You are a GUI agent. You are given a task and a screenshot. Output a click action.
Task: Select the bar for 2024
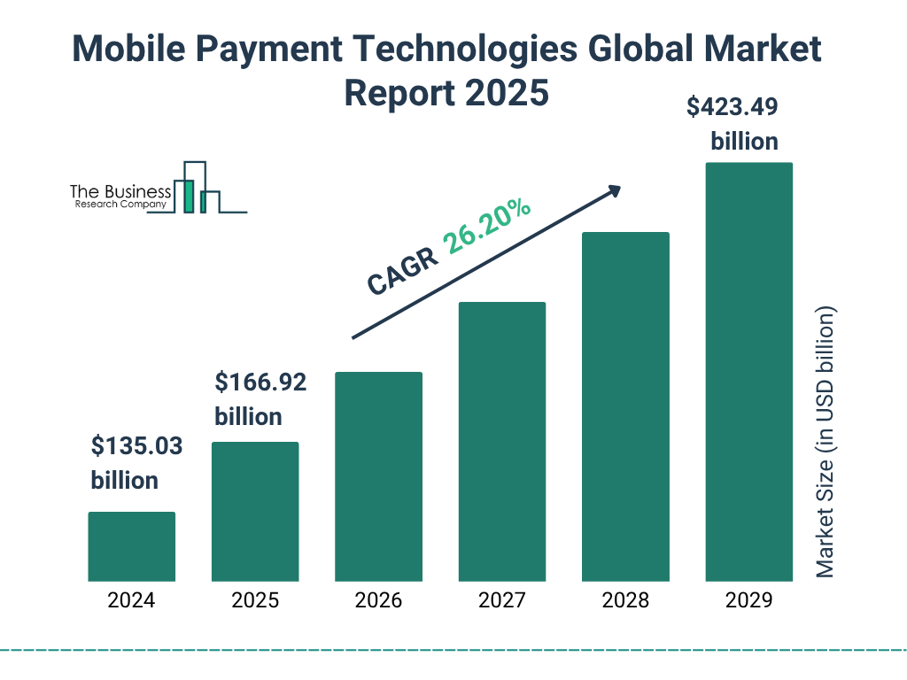[x=131, y=546]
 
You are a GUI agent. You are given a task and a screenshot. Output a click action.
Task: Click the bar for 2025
[x=255, y=512]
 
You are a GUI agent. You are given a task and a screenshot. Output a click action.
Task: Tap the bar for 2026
[x=378, y=476]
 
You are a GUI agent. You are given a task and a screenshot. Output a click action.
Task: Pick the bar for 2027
[x=501, y=442]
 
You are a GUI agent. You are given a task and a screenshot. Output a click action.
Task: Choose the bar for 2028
[x=625, y=406]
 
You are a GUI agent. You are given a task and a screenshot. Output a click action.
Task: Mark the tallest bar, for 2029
[x=748, y=372]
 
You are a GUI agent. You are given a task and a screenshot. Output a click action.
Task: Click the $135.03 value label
[x=136, y=446]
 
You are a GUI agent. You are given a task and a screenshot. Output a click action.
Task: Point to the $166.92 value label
[x=260, y=382]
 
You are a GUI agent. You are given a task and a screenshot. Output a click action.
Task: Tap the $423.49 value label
[x=733, y=108]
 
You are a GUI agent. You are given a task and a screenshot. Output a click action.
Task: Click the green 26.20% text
[x=487, y=227]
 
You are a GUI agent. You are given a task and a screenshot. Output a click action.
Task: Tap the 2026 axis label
[x=378, y=600]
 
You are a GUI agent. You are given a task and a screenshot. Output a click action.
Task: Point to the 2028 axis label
[x=625, y=600]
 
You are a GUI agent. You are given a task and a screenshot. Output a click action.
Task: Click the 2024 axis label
[x=131, y=600]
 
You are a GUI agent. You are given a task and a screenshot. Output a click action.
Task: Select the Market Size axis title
[x=826, y=443]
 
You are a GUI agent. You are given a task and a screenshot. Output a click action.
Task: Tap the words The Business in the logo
[x=120, y=191]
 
